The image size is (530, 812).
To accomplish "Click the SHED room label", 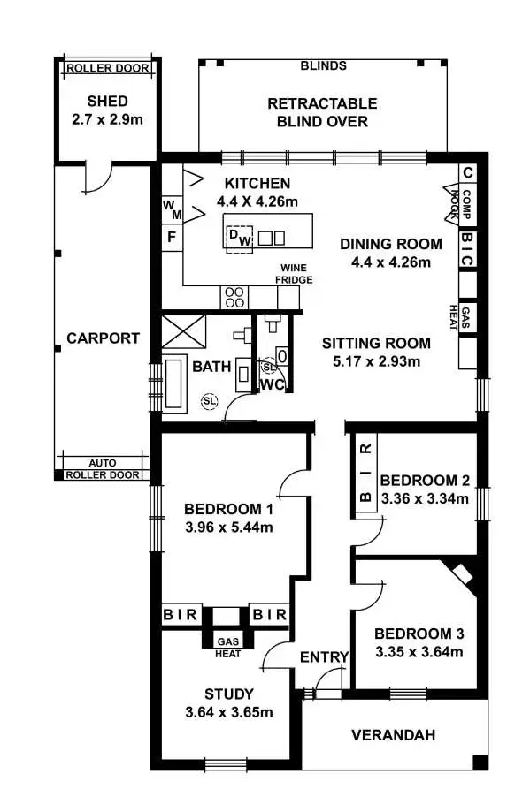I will tap(107, 101).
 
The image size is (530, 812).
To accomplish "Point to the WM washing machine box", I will tap(171, 209).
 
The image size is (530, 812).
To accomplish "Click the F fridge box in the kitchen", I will tap(171, 238).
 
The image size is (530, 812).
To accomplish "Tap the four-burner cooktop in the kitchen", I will tap(234, 296).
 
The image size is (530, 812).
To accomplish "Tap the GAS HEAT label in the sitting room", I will tap(468, 316).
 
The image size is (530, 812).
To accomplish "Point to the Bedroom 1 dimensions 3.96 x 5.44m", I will tap(228, 528).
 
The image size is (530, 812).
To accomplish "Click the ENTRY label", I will tap(325, 657).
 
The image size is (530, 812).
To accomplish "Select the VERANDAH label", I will tap(393, 735).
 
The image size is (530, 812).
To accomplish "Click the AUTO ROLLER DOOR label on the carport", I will tap(104, 468).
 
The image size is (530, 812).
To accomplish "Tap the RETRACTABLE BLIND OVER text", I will tap(322, 113).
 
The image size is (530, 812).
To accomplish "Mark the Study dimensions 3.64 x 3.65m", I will tap(228, 713).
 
